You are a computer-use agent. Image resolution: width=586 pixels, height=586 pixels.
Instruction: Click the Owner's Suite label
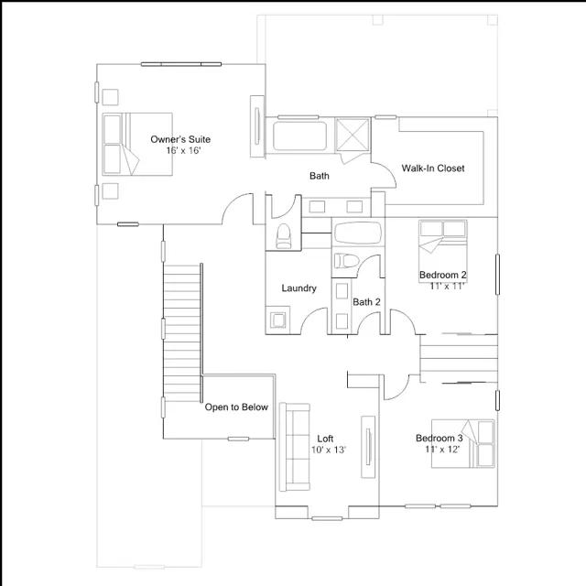click(180, 139)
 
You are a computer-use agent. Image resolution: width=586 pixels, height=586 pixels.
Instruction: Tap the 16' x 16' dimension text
click(183, 150)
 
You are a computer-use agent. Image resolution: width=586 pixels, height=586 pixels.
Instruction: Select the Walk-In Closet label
click(433, 168)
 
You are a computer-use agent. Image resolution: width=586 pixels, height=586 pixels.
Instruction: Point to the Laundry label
click(299, 288)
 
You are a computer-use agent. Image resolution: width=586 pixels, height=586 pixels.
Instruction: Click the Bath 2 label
click(366, 302)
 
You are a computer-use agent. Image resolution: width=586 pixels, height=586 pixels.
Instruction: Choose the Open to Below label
click(236, 407)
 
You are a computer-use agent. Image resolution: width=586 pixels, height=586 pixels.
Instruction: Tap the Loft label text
click(325, 439)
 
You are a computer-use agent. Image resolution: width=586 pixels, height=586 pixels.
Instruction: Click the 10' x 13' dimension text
click(329, 450)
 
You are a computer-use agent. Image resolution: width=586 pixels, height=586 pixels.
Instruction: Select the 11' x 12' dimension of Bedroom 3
click(442, 449)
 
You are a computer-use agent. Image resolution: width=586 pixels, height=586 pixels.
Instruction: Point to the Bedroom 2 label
click(443, 275)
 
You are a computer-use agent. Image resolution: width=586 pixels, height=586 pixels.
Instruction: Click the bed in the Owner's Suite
click(137, 144)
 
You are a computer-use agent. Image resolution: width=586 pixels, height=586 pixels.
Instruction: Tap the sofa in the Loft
click(295, 447)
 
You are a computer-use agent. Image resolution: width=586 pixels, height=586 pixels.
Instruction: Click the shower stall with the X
click(352, 135)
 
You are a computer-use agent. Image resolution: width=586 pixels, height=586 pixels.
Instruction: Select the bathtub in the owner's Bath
click(299, 136)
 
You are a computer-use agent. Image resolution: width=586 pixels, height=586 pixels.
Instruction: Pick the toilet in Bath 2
click(346, 260)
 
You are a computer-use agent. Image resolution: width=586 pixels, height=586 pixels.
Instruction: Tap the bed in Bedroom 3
click(463, 443)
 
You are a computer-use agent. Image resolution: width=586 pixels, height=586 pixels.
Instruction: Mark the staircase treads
click(182, 333)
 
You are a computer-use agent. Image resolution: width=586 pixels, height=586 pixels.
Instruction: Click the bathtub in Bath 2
click(358, 233)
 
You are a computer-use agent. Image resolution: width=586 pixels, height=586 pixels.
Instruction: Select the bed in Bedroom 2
click(443, 251)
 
